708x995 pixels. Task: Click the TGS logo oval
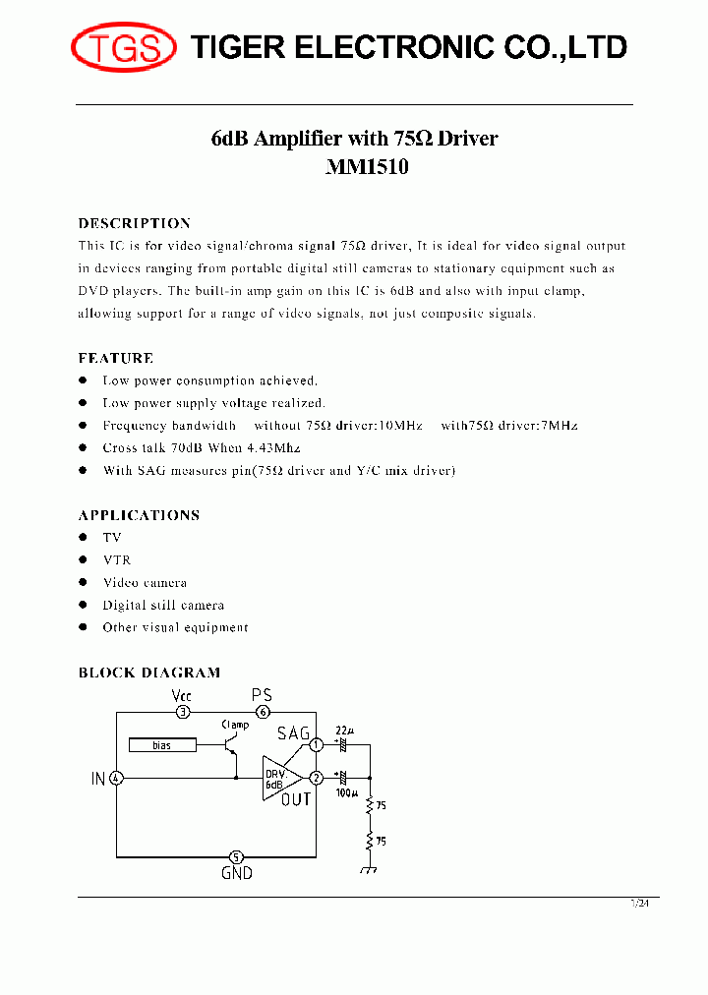pos(123,47)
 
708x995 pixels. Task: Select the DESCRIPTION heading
pos(134,223)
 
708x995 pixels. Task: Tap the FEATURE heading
pos(116,358)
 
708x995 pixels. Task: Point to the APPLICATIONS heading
pos(139,515)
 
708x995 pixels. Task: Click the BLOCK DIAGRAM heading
pos(149,673)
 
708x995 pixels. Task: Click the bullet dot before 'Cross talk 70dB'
pos(84,448)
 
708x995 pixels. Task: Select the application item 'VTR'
pos(116,559)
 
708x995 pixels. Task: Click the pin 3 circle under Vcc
pos(182,712)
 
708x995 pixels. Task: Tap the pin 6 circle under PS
pos(263,712)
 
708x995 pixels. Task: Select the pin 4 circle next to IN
pos(117,779)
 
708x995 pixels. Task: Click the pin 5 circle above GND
pos(236,856)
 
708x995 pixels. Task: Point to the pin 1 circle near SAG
pos(316,745)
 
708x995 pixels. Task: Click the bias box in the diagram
pos(162,745)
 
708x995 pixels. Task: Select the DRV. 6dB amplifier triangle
pos(278,779)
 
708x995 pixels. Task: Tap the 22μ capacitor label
pos(343,732)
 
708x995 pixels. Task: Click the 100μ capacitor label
pos(347,791)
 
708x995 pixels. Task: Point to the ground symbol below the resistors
pos(371,869)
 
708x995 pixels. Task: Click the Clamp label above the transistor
pos(235,725)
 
